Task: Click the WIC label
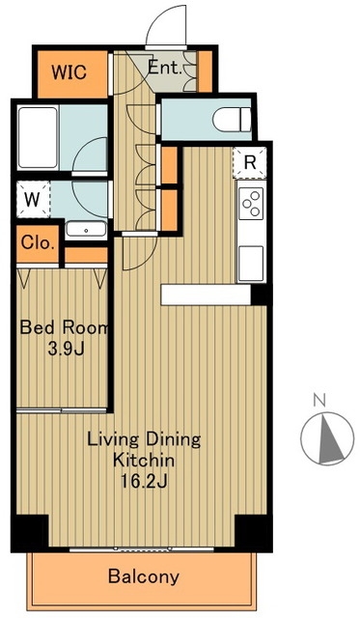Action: pos(69,72)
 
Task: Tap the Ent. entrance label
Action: pos(165,69)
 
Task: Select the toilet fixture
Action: pos(232,120)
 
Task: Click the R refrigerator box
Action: pos(250,162)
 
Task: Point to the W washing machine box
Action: pos(33,200)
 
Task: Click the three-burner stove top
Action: pos(252,204)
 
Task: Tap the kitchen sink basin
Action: pos(251,264)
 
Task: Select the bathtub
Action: pos(38,137)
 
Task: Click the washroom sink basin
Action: pos(86,230)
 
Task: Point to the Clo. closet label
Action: pos(38,242)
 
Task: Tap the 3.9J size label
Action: pos(66,350)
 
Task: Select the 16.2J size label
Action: pos(144,481)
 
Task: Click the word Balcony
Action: pos(144,577)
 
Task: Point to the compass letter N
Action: pos(319,400)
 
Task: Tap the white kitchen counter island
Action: pos(206,295)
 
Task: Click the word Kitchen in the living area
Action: pos(144,460)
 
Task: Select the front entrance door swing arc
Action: pos(165,23)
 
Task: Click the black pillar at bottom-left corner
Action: pos(30,532)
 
